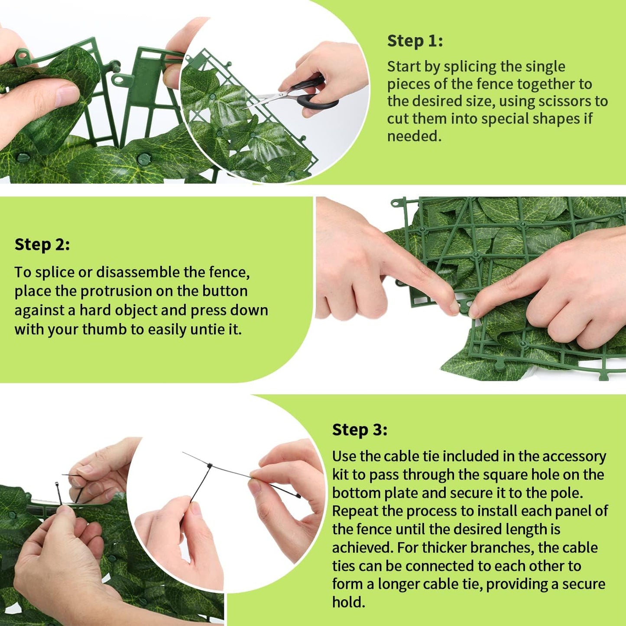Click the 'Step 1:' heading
click(415, 41)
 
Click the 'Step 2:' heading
click(42, 245)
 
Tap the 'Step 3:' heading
click(360, 430)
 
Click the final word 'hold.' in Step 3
click(349, 602)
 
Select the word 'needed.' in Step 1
click(414, 136)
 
